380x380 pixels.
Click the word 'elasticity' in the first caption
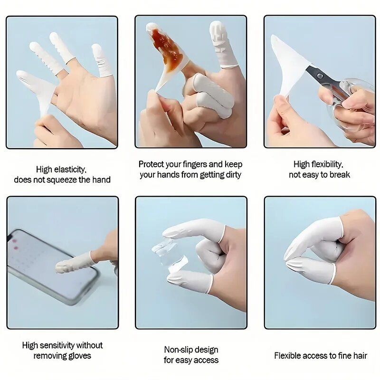[x=70, y=169]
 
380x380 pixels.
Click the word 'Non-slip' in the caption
[x=180, y=350]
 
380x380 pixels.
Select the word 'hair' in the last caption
[x=360, y=355]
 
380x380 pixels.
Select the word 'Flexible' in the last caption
[x=289, y=355]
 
